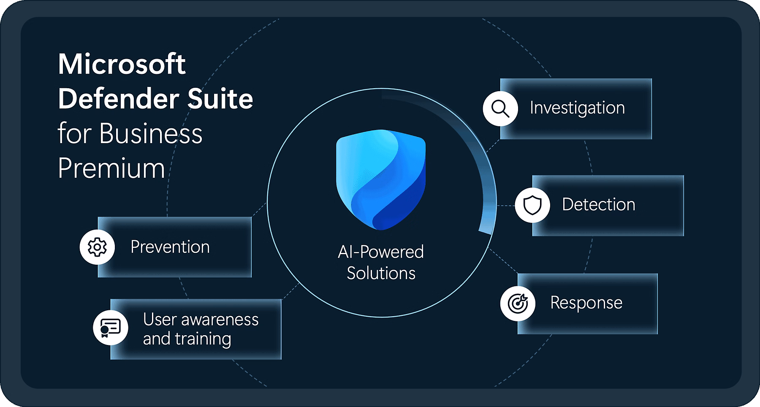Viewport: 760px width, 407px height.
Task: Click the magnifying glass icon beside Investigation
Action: [x=500, y=109]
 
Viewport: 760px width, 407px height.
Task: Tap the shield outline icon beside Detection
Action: [x=532, y=205]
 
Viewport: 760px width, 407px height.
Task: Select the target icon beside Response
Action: [x=518, y=303]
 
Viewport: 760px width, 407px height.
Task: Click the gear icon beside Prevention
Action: [x=97, y=247]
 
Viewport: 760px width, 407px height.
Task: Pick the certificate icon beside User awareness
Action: [x=111, y=328]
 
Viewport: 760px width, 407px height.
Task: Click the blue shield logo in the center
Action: [x=381, y=179]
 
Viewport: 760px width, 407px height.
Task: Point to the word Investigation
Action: [x=577, y=109]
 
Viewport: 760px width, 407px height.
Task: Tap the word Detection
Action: [x=599, y=204]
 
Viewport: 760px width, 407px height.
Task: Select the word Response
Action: [x=586, y=303]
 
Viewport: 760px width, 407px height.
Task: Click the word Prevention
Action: [x=170, y=247]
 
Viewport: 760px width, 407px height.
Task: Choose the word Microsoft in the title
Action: [x=122, y=64]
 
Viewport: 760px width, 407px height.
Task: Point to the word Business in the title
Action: [x=151, y=133]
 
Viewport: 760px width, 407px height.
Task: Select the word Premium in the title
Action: [x=111, y=168]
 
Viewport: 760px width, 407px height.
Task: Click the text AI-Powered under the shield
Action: [x=381, y=252]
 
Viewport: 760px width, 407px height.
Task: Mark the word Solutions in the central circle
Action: [x=381, y=274]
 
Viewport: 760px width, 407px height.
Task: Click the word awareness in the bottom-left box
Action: [x=220, y=320]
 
